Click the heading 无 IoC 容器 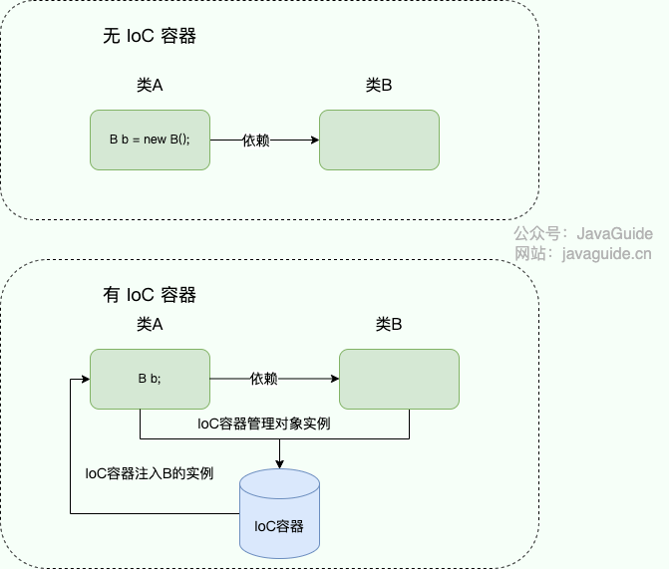coord(150,37)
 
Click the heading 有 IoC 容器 coord(150,295)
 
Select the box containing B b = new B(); coord(150,140)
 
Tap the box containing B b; coord(150,379)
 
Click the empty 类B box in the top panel coord(379,140)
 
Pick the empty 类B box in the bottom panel coord(399,379)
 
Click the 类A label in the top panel coord(150,86)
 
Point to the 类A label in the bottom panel coord(150,324)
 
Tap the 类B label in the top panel coord(379,86)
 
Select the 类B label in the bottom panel coord(389,324)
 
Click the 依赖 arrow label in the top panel coord(256,141)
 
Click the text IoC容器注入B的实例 coord(150,472)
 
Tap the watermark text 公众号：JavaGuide coord(583,233)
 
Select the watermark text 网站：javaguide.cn coord(583,253)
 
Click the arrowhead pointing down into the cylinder coord(279,463)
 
